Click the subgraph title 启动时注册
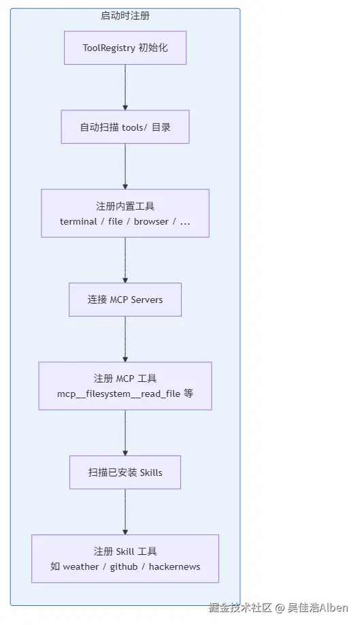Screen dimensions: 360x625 tap(125, 16)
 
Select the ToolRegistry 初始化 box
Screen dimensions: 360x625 tap(125, 48)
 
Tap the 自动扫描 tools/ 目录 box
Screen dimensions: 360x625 tap(125, 127)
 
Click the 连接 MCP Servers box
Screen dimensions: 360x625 tap(125, 300)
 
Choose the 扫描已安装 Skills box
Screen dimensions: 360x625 tap(125, 472)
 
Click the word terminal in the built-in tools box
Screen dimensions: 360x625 tap(78, 222)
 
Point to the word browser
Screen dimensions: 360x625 tap(151, 222)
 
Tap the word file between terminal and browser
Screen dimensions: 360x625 tap(116, 222)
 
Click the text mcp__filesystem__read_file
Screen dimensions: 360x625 tap(118, 394)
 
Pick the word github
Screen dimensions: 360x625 tap(124, 567)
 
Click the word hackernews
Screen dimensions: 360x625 tap(174, 567)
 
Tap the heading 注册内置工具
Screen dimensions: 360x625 tap(125, 206)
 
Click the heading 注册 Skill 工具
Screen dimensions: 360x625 tap(125, 551)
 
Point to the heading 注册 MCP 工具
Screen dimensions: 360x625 tap(125, 379)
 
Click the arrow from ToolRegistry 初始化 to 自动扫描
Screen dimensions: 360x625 tap(125, 87)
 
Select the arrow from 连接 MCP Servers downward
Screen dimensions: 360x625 tap(125, 339)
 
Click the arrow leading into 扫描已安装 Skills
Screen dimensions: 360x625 tap(125, 433)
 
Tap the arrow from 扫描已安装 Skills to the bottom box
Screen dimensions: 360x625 tap(125, 512)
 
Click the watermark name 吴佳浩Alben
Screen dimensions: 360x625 tap(318, 607)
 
